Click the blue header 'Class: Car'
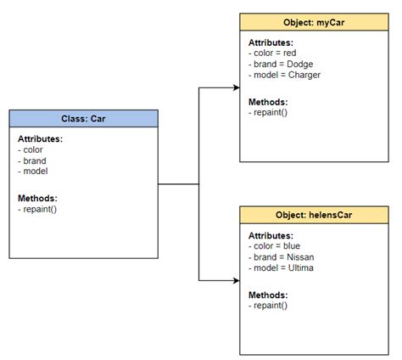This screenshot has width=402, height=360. tap(83, 119)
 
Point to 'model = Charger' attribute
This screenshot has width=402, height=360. tap(285, 74)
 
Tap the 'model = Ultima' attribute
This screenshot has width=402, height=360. tap(282, 267)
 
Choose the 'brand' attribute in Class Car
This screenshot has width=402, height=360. tap(32, 160)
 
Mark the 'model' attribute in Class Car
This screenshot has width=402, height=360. tap(33, 172)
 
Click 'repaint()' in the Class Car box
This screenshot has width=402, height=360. tap(37, 209)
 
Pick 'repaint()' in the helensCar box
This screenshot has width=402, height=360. tap(268, 305)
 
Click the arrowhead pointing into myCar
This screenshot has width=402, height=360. tap(236, 87)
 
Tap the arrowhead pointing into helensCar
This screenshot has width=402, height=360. tap(236, 280)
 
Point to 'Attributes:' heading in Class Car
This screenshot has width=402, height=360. tap(40, 138)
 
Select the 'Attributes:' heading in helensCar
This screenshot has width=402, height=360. tap(271, 234)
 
